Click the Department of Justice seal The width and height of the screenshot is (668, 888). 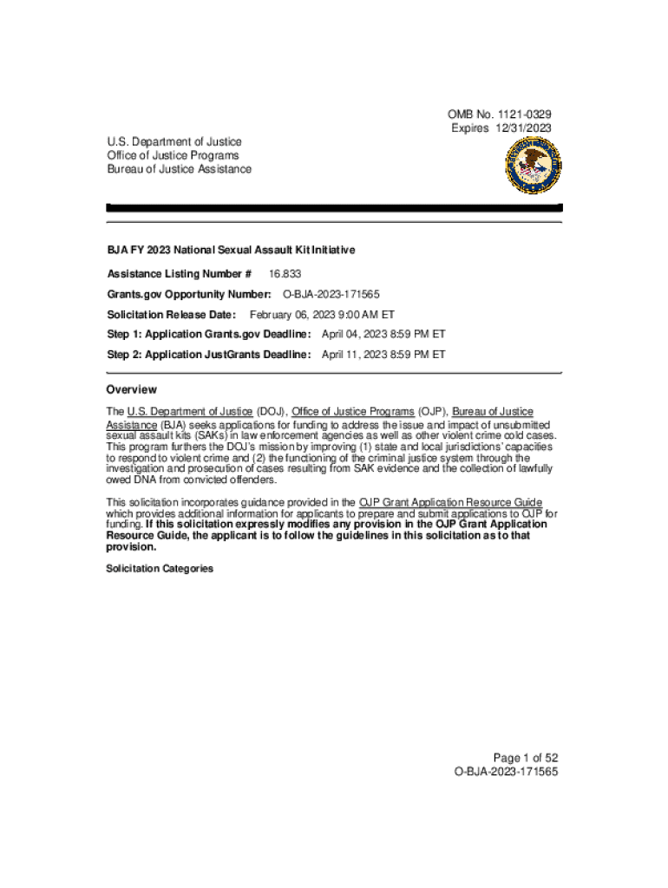pos(533,166)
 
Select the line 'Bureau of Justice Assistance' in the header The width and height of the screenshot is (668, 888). pos(179,169)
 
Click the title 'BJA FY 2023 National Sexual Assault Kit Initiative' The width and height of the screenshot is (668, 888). pos(231,250)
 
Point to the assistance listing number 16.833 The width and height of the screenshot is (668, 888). pos(285,274)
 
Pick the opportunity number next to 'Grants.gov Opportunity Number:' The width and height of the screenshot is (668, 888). pos(331,295)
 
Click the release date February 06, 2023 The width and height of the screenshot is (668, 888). pos(322,315)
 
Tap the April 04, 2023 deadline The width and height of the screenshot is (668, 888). pos(383,334)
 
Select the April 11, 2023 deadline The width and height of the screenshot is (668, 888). pos(383,355)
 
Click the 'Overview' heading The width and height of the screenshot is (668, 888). pos(131,390)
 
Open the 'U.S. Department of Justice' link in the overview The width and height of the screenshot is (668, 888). pos(190,411)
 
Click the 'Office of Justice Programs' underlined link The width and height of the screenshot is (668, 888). pos(353,411)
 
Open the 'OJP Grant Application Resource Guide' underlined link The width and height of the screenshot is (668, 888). pos(450,503)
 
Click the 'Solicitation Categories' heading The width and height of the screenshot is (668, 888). pos(159,569)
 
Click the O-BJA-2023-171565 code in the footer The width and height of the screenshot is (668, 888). pos(506,771)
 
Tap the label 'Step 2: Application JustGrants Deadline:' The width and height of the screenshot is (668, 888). pos(208,355)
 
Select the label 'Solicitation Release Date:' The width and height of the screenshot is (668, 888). pos(171,315)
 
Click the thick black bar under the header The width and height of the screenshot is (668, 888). pos(334,208)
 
